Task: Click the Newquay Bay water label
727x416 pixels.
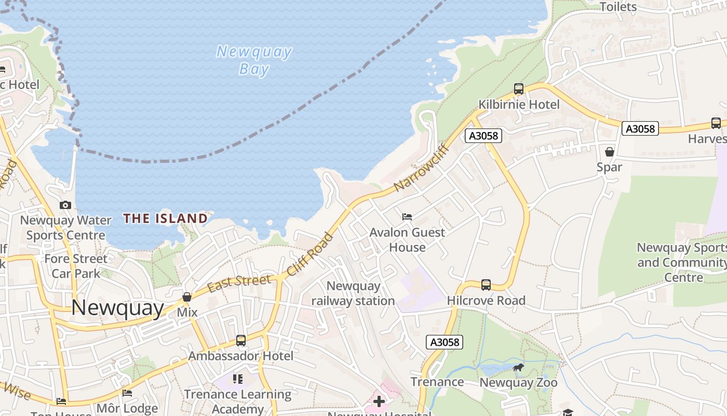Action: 254,60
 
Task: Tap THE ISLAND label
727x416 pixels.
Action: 166,218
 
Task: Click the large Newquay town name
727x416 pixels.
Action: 117,308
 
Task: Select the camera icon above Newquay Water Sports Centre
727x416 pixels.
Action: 65,205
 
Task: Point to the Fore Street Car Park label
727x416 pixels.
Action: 76,266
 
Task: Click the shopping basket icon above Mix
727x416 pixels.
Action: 187,297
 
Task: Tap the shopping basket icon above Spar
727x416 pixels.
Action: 610,152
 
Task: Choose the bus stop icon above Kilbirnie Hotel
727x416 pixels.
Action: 518,89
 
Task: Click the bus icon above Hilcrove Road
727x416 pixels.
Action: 486,284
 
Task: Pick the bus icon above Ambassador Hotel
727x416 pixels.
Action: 241,341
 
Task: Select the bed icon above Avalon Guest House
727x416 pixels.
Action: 407,216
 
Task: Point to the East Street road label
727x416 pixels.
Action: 239,282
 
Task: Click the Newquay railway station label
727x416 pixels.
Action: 353,293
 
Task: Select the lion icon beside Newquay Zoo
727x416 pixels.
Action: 518,368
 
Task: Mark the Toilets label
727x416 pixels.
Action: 618,7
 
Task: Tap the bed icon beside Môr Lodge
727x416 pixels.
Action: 127,393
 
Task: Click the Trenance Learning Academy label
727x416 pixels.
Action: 238,401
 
